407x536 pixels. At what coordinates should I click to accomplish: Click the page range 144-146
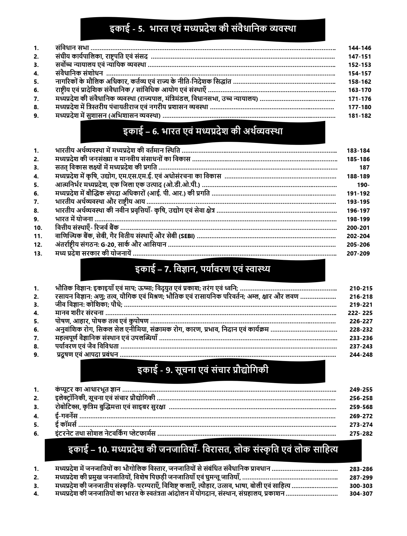click(360, 48)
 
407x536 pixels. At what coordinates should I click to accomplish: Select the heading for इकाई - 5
click(203, 29)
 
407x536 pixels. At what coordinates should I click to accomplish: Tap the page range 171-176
click(360, 99)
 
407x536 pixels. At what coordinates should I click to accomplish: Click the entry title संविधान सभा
click(72, 48)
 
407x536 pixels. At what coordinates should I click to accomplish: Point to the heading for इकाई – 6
click(203, 131)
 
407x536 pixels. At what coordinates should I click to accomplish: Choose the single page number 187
click(364, 168)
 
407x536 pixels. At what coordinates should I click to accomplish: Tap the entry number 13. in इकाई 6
click(38, 253)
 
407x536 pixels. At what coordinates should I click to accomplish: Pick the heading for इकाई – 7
click(203, 269)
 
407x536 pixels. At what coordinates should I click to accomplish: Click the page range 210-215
click(361, 288)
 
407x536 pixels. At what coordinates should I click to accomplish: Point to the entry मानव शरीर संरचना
click(79, 313)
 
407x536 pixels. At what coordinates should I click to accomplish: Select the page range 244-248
click(361, 355)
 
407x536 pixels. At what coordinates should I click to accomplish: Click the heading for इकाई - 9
click(203, 370)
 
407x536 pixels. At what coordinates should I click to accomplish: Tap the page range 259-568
click(361, 407)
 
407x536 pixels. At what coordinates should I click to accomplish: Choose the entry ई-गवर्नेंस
click(66, 416)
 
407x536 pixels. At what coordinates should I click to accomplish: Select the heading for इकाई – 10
click(203, 450)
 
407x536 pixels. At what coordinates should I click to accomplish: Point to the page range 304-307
click(361, 494)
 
